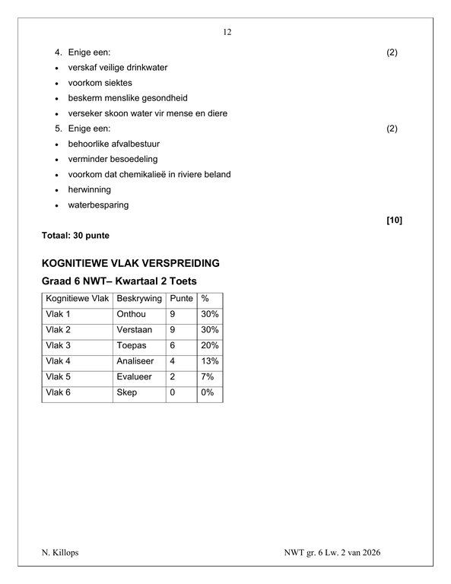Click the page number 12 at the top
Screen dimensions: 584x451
[227, 33]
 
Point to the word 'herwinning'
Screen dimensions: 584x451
[89, 189]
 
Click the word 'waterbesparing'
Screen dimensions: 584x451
[98, 205]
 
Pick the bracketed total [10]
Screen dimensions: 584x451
[394, 221]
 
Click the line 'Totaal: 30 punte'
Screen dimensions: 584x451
[75, 236]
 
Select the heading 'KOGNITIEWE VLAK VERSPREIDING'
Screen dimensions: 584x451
[131, 264]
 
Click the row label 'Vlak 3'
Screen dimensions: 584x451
[58, 345]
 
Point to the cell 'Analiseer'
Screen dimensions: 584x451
[135, 361]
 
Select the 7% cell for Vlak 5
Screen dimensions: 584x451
[207, 377]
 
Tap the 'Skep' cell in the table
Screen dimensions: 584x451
[126, 393]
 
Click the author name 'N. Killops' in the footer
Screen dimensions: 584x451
[59, 553]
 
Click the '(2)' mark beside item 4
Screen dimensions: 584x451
[392, 52]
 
